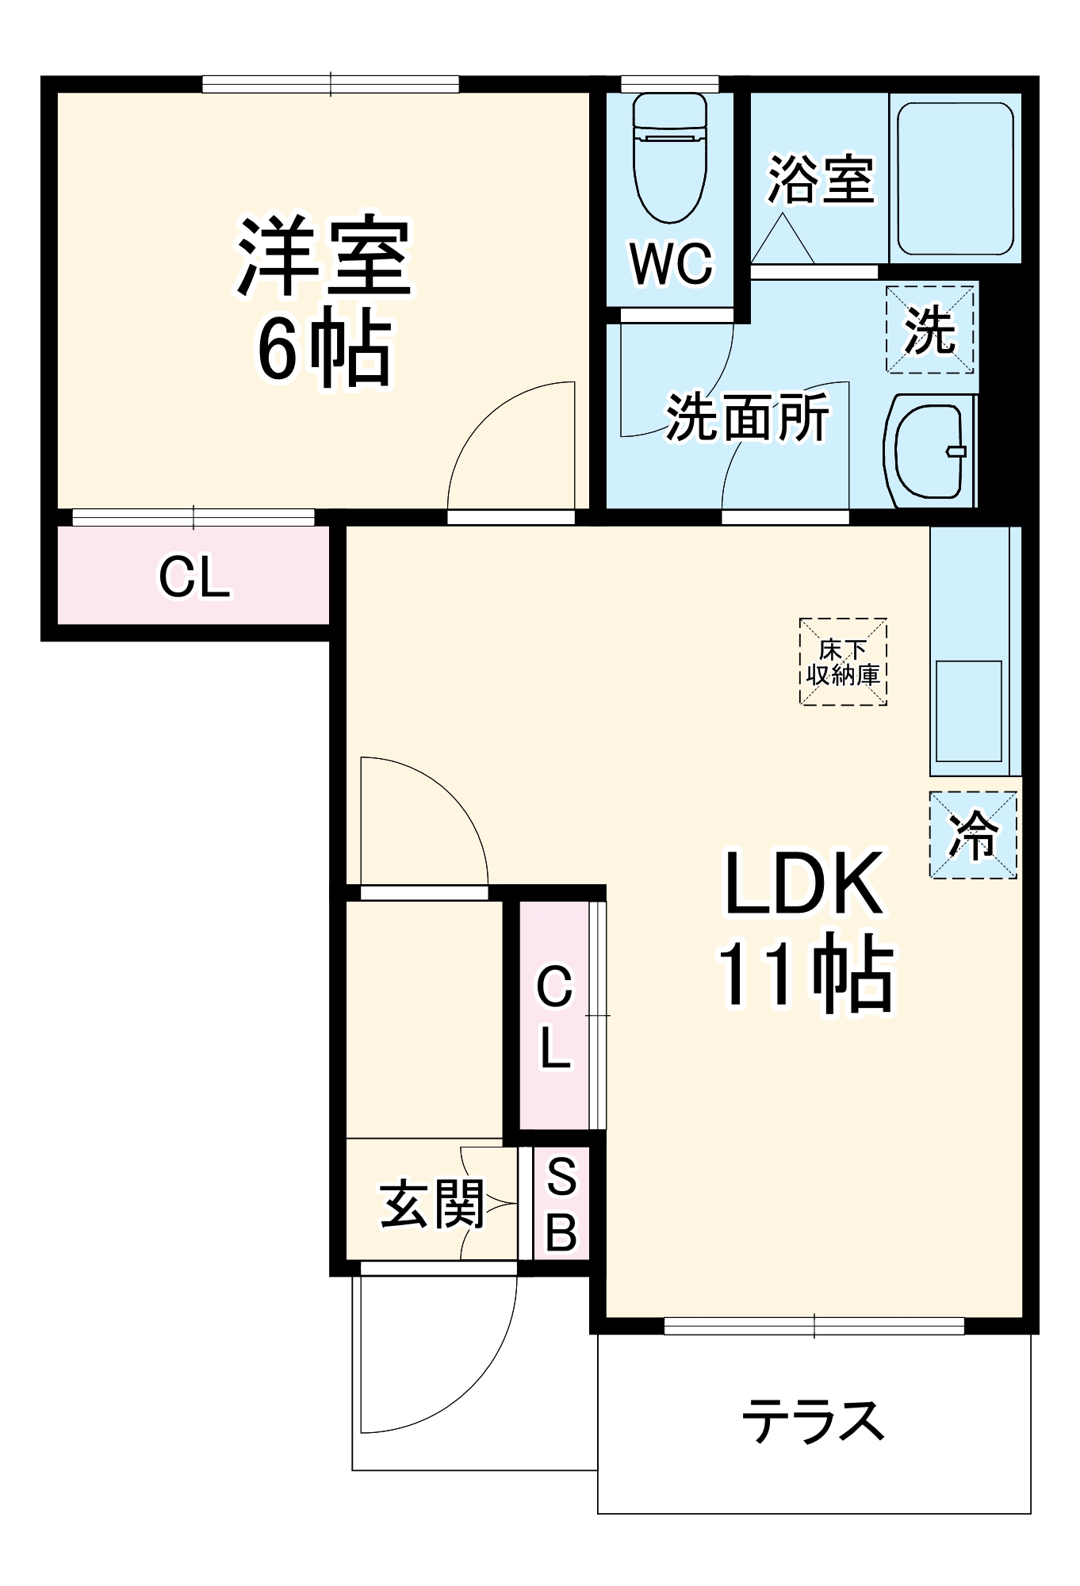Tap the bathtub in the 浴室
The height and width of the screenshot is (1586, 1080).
[955, 178]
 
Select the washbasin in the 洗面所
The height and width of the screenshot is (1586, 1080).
[929, 451]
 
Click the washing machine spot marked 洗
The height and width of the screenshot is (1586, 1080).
[929, 328]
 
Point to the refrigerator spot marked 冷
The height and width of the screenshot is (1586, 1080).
[973, 834]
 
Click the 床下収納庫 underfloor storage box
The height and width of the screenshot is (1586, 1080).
[842, 662]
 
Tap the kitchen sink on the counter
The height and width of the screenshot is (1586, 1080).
[968, 711]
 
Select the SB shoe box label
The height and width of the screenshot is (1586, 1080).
[561, 1204]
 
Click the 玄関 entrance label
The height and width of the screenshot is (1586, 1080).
[432, 1204]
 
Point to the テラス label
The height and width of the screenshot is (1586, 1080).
[814, 1421]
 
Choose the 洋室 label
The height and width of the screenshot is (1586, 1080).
[324, 255]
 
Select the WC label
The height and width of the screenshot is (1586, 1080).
[671, 263]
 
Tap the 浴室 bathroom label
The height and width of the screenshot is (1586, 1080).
[820, 179]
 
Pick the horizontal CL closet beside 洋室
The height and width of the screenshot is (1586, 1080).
[194, 576]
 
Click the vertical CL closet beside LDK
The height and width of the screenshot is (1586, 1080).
[554, 1016]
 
